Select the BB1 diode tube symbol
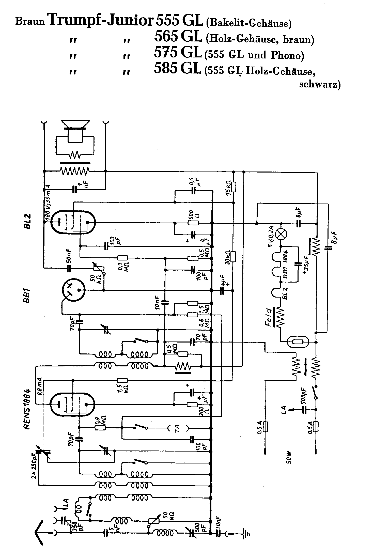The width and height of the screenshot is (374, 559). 73,290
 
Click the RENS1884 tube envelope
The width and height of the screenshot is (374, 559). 72,404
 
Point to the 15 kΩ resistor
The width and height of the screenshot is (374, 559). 234,187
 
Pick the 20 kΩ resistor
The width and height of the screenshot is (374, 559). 234,257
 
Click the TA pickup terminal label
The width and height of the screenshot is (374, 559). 177,428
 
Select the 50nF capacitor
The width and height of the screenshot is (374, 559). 69,268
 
